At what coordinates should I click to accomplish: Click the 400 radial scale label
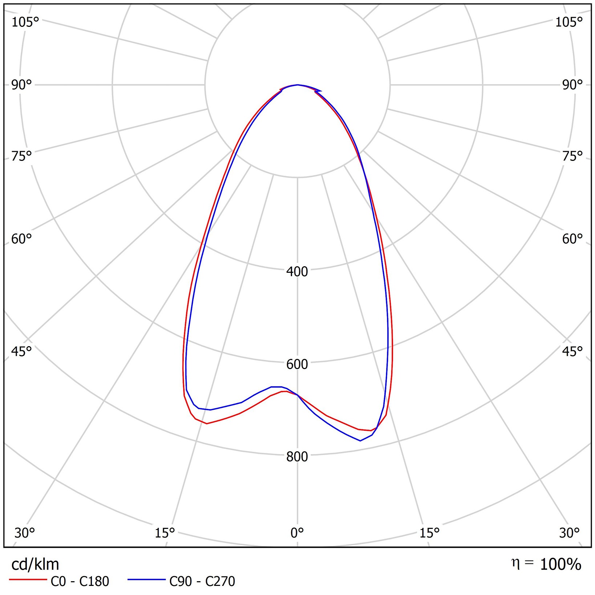[297, 271]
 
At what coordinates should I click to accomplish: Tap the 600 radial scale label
[297, 364]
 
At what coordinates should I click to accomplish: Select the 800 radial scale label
[297, 457]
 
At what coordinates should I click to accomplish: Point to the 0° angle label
[297, 533]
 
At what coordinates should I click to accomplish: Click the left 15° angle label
[165, 533]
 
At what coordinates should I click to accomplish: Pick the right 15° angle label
[429, 533]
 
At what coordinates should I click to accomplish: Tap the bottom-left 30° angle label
[24, 533]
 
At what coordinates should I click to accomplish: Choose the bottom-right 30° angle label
[569, 533]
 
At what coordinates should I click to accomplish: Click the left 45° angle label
[21, 351]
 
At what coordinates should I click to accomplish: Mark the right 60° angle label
[572, 239]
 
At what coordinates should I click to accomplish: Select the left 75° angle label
[21, 156]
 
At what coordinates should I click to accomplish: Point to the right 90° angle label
[572, 85]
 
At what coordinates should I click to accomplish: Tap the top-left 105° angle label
[25, 22]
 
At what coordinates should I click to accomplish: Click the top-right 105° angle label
[568, 22]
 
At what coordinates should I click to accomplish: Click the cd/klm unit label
[35, 564]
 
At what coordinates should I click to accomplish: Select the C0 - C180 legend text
[80, 582]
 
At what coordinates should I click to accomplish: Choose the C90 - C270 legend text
[202, 582]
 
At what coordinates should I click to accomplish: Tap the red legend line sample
[28, 580]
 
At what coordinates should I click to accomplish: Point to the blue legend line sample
[146, 580]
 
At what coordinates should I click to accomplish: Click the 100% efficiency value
[560, 564]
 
